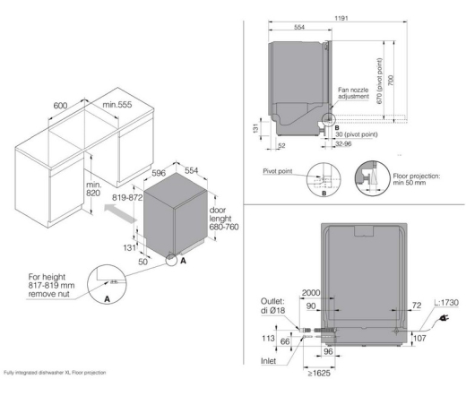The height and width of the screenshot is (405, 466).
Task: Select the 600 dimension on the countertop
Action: click(61, 106)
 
